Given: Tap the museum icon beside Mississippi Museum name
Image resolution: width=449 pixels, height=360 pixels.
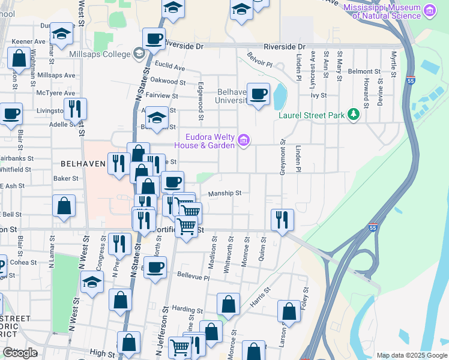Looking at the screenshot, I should coord(429,10).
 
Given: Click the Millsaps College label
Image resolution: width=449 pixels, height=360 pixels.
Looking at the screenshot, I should coord(104,55).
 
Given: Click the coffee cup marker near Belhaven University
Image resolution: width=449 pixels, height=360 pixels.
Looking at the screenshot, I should coord(258,94).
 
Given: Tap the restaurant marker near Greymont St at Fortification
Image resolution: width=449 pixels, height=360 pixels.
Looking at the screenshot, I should coord(282,220).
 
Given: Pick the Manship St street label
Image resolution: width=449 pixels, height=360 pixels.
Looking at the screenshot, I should coord(224,193).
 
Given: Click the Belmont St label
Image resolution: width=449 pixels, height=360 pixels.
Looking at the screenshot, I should coord(364,71).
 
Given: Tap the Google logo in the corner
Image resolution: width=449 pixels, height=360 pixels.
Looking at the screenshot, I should coord(20,352).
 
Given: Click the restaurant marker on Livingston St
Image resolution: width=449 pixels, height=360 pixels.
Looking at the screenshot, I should coord(75,109).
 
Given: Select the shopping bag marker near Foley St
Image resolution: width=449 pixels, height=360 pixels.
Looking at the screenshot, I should coord(289,311).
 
